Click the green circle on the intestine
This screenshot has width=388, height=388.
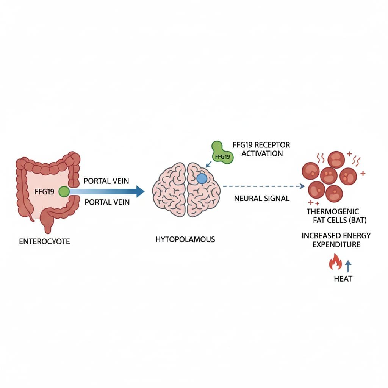tap(64, 192)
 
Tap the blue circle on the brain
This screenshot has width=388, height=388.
tap(202, 178)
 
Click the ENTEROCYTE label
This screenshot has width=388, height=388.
tap(44, 241)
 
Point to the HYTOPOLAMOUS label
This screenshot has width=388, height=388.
tap(185, 239)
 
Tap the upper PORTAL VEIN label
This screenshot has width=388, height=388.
tap(107, 181)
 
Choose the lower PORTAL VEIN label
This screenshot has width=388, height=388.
tap(107, 202)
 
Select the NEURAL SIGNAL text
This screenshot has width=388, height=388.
tap(262, 198)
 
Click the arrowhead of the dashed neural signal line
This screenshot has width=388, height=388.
tap(302, 186)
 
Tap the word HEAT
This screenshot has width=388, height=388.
tap(343, 279)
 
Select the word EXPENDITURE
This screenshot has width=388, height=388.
tap(336, 244)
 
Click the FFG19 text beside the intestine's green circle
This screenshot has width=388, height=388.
tap(44, 191)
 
